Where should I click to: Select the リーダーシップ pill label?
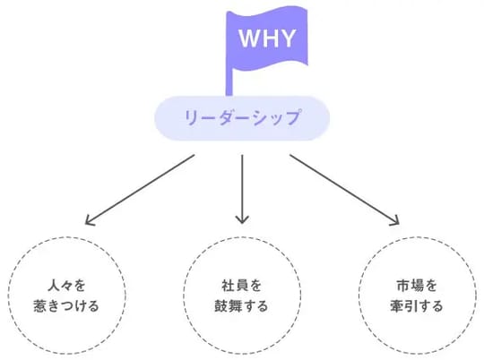(x=242, y=118)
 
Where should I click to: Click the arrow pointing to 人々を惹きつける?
(x=139, y=188)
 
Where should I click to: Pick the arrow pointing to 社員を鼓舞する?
(x=242, y=188)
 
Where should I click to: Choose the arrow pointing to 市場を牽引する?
(x=344, y=188)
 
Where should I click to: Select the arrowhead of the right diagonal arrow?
(x=395, y=221)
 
